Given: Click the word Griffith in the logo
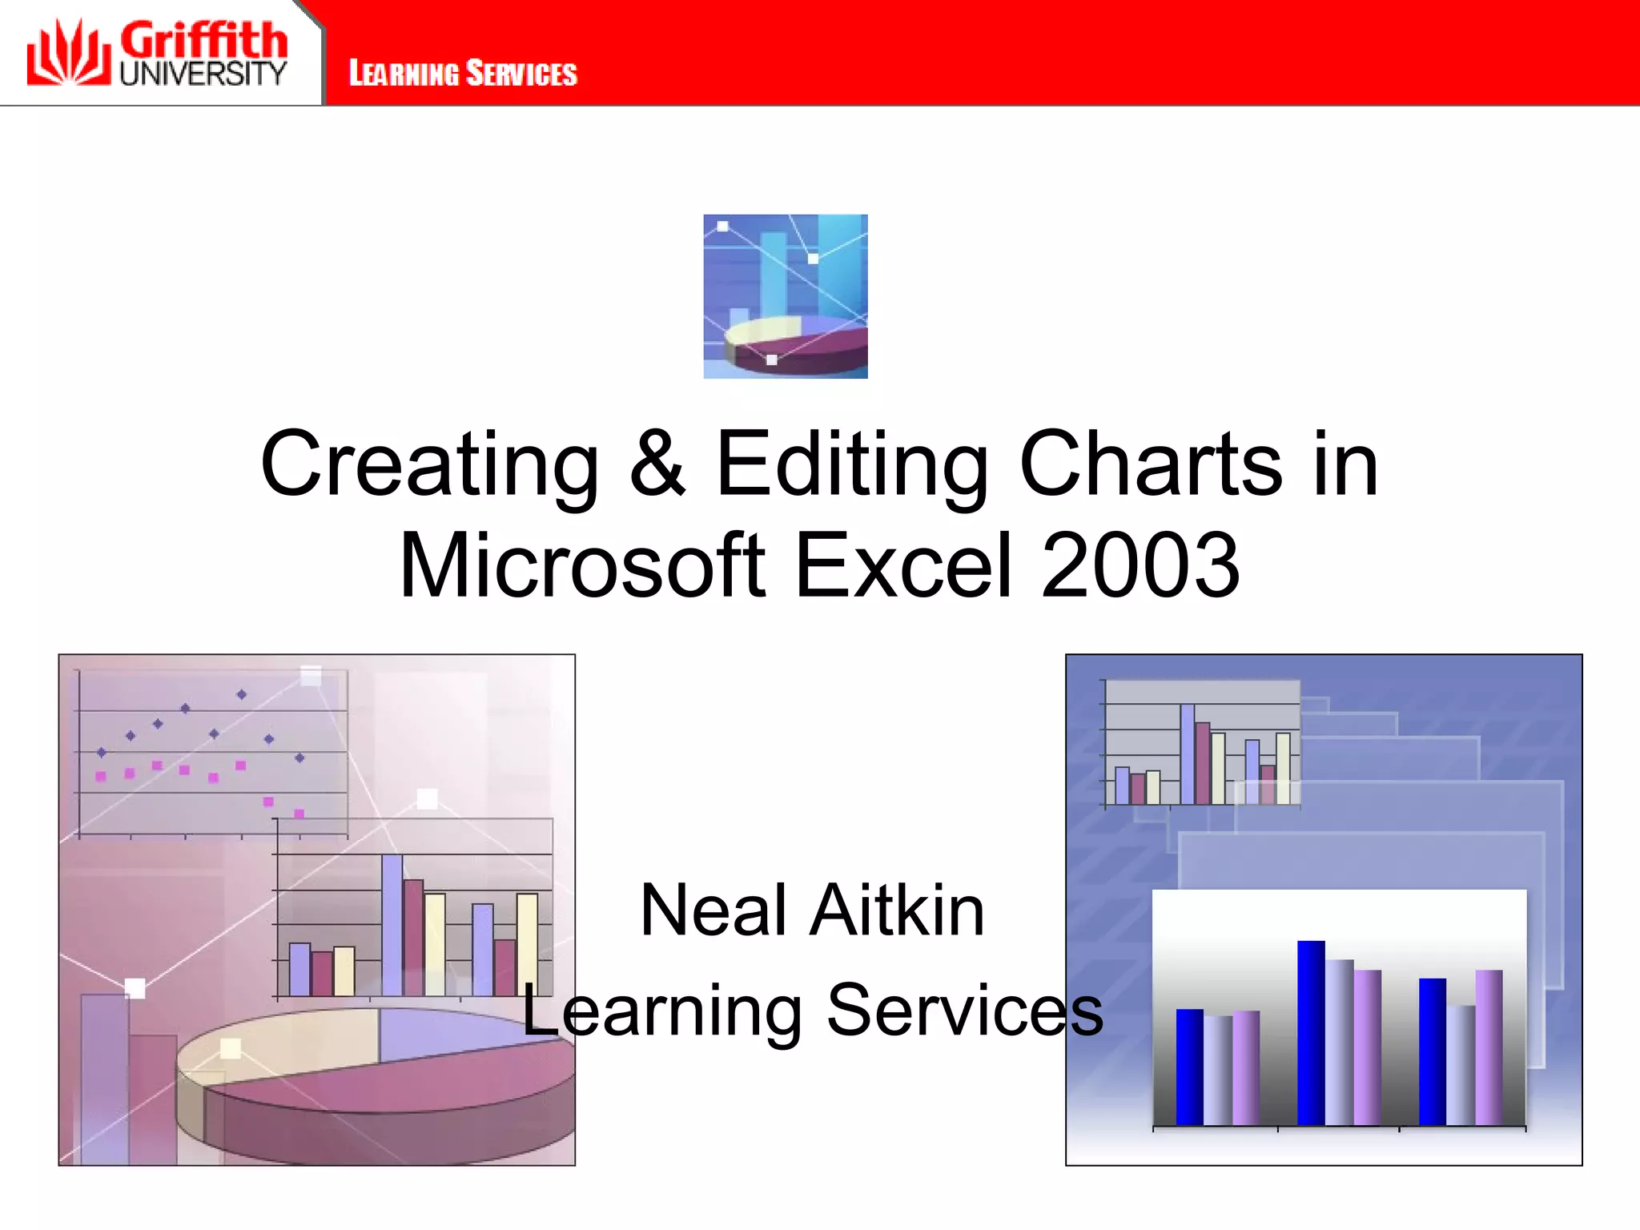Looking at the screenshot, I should [x=203, y=40].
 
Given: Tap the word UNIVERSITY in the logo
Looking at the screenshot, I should [x=203, y=74].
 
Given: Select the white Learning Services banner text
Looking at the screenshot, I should [x=463, y=74].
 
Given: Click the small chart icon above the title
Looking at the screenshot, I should [x=785, y=296].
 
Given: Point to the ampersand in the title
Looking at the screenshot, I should [x=657, y=464].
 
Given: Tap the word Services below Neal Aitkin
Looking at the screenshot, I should [x=964, y=1011].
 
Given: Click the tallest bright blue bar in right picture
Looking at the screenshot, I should [x=1311, y=1033].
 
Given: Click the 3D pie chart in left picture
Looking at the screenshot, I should [x=376, y=1073].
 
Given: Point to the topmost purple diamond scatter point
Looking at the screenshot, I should [x=242, y=694].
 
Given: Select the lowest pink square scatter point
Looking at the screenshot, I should [x=299, y=814].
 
